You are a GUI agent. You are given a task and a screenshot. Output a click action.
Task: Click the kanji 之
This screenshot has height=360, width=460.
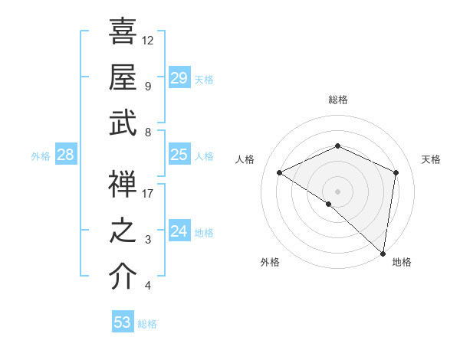coord(123,231)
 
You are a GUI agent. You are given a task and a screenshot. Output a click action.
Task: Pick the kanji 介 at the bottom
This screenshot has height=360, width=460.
coord(123,277)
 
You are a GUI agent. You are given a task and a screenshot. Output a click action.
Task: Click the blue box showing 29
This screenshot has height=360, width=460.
coord(179,78)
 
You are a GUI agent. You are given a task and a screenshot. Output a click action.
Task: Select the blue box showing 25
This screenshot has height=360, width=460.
coord(179,155)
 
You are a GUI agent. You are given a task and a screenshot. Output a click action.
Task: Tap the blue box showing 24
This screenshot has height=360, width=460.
coord(179,231)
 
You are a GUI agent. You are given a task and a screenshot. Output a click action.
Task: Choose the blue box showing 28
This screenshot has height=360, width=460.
coord(65,155)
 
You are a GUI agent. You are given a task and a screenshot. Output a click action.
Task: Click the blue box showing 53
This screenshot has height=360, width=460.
coord(123,322)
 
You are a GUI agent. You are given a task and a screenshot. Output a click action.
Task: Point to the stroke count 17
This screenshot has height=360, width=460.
coord(148,193)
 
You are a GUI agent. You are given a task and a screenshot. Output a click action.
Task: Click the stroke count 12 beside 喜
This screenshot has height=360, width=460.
coord(148,39)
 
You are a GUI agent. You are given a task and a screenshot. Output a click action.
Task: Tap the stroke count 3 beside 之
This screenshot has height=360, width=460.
coord(148,240)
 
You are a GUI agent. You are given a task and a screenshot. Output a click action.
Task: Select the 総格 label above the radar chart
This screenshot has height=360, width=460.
coord(337,100)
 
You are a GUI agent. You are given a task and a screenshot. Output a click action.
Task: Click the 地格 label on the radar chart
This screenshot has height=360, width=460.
coord(402,262)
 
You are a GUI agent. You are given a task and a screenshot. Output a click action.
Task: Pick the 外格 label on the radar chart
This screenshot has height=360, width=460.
coord(270,262)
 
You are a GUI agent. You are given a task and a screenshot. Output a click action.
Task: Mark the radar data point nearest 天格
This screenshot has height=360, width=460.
coord(396,172)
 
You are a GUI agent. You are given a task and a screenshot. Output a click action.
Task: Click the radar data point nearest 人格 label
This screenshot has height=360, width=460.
coord(280,172)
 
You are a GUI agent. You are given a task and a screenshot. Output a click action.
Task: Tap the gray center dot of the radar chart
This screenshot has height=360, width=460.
coord(337,191)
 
